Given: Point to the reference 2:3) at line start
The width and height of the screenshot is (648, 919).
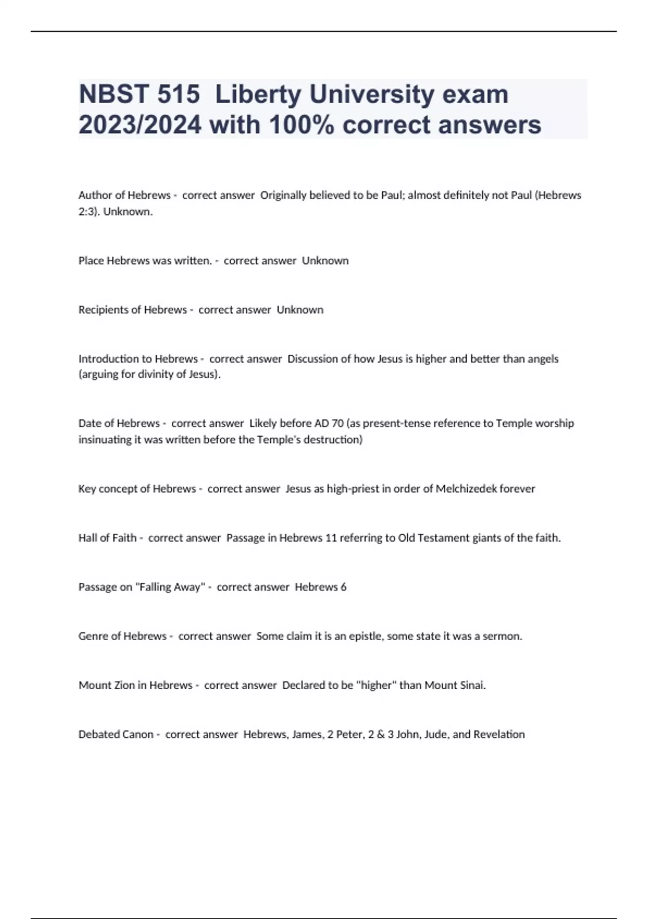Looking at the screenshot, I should point(89,212).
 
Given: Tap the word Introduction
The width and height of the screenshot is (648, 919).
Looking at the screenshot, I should point(111,359).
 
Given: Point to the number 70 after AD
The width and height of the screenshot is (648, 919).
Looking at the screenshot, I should point(337,423).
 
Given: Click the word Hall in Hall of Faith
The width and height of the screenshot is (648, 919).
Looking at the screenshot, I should point(87,538).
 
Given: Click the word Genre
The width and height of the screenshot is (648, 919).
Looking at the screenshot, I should point(93,636).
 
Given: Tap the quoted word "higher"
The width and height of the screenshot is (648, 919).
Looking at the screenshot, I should point(376,685).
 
